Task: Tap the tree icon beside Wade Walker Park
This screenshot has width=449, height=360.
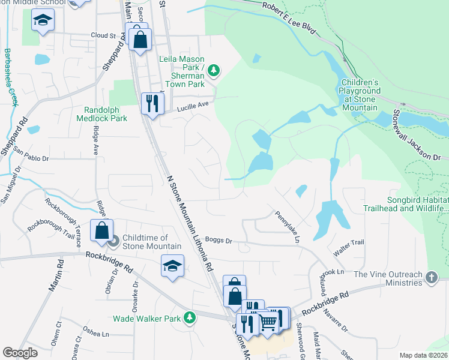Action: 190,317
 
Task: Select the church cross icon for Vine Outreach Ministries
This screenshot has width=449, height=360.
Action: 431,278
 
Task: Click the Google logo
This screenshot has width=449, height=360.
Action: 20,353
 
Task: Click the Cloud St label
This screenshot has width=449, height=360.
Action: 103,36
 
